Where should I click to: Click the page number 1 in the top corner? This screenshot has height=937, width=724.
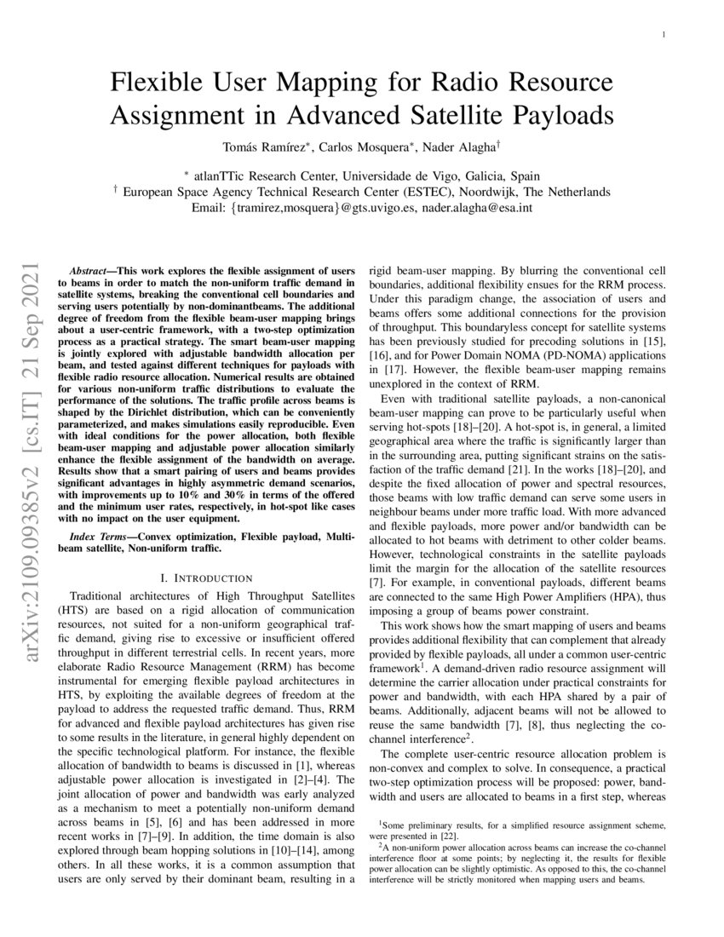tap(664, 35)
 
